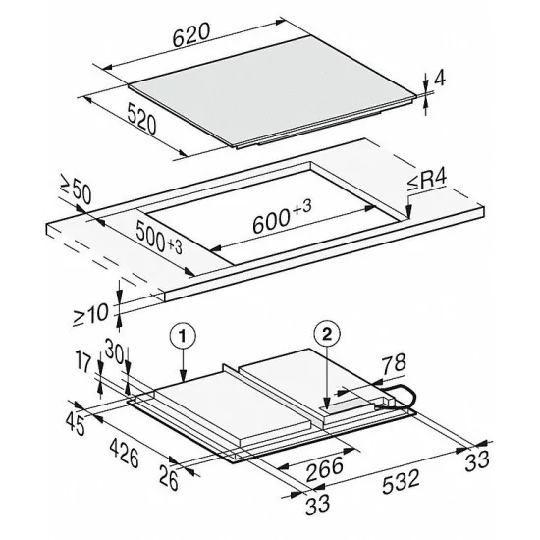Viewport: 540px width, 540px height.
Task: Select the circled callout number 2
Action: [x=326, y=333]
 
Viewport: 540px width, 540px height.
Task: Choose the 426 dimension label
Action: [x=123, y=455]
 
